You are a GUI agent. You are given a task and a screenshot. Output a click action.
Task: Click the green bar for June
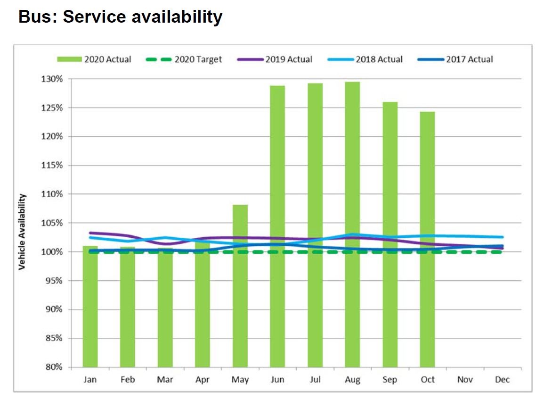(x=277, y=226)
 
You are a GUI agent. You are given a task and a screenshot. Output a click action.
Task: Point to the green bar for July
(x=315, y=225)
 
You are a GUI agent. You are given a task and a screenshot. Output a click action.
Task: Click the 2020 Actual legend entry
(x=94, y=59)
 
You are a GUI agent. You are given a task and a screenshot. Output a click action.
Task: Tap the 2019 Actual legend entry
(x=275, y=59)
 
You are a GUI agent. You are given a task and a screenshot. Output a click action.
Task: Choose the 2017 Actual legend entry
(x=455, y=59)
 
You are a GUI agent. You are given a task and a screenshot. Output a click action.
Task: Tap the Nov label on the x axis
(x=465, y=380)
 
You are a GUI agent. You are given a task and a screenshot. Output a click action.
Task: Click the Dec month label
(x=503, y=380)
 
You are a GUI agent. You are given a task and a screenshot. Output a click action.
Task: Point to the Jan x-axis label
(x=90, y=380)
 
